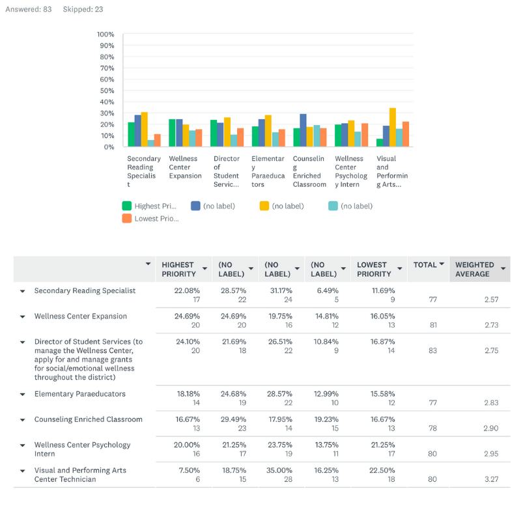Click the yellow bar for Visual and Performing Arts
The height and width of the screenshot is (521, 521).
click(393, 127)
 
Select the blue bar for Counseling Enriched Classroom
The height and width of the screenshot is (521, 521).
click(303, 130)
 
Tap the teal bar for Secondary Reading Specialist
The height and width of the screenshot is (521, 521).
click(151, 143)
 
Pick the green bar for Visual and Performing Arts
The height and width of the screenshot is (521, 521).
click(380, 143)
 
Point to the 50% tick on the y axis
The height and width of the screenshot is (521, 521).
click(107, 91)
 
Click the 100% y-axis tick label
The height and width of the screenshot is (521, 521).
click(106, 35)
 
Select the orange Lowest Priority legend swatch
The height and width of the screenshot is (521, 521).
click(127, 218)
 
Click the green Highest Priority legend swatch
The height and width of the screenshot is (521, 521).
click(127, 206)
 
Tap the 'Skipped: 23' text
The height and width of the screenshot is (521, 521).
click(83, 9)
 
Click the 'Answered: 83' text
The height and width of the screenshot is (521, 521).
click(29, 9)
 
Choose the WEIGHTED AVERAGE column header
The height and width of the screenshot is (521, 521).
click(475, 270)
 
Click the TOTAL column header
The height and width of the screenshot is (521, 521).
click(425, 265)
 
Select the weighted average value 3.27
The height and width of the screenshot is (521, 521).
click(492, 479)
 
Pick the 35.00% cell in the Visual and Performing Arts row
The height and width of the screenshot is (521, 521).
click(279, 470)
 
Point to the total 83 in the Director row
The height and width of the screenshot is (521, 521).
click(432, 350)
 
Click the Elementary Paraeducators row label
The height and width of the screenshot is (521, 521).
click(80, 394)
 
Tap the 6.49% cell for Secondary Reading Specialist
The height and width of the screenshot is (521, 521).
click(328, 290)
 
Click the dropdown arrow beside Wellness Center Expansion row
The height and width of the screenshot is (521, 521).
click(23, 317)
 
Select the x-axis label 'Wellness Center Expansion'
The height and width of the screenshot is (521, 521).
click(185, 167)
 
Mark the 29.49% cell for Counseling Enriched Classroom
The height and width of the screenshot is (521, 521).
click(234, 419)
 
